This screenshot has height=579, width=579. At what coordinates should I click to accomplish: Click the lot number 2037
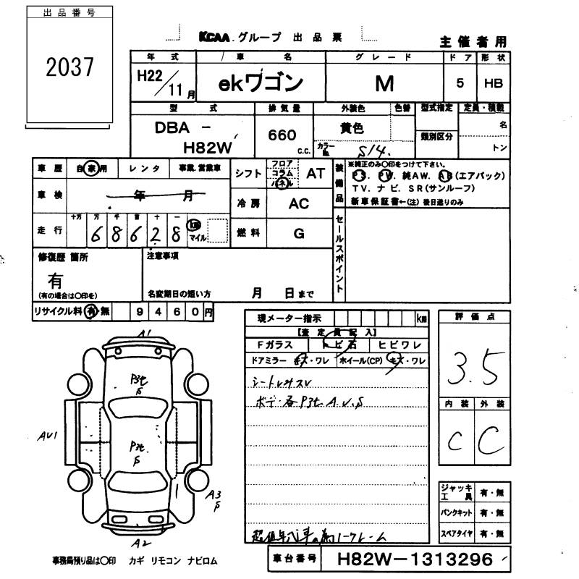coord(70,68)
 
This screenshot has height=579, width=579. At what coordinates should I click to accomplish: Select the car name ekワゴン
coord(260,84)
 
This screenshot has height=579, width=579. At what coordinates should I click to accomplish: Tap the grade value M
coord(384,84)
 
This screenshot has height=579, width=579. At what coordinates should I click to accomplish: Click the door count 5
coord(460,84)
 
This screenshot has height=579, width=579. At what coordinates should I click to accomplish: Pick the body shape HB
coord(493,84)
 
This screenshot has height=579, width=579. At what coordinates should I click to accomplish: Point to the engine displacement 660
coord(282,135)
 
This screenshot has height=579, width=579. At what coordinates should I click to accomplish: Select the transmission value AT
coord(316,174)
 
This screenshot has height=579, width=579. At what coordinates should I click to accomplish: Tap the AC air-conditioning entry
coord(299,203)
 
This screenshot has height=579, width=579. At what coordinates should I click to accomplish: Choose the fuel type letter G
coord(299,233)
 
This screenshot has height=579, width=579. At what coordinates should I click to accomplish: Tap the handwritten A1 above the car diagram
coord(145,333)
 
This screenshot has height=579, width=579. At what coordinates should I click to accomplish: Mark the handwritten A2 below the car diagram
coord(142,542)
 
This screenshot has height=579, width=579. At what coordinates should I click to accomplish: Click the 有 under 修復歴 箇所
coord(55,279)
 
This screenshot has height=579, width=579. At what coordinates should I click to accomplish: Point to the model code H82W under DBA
coord(206,147)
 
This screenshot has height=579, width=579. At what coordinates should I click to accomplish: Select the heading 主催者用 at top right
coord(473,41)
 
